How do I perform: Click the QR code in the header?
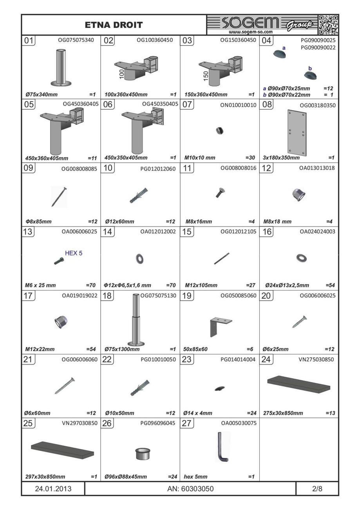pos(328,25)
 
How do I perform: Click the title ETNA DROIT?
pos(114,25)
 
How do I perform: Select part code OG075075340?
pos(76,40)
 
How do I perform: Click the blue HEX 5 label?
pos(74,253)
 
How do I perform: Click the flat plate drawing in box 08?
pos(297,133)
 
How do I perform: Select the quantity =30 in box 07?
pos(250,158)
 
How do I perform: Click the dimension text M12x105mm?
pos(201,285)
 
